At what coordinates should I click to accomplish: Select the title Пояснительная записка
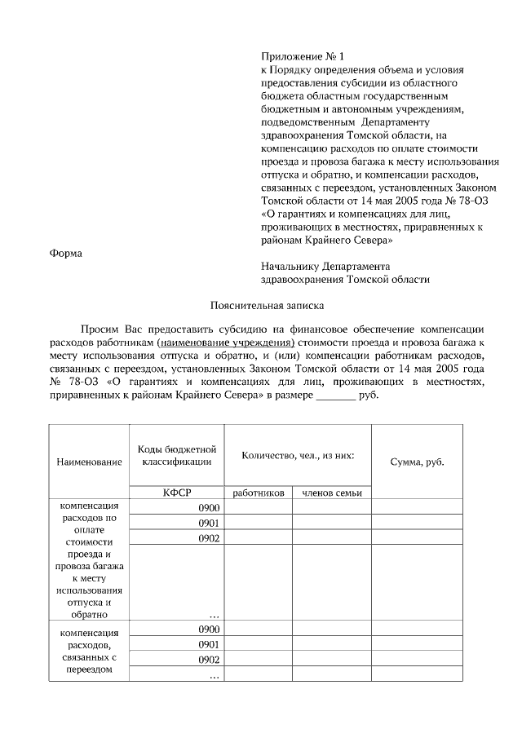[x=266, y=306]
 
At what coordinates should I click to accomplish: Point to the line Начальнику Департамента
[x=325, y=266]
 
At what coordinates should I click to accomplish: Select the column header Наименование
[x=89, y=462]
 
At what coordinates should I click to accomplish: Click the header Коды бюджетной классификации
[x=176, y=455]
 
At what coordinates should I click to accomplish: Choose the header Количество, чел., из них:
[x=298, y=455]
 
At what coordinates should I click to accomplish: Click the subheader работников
[x=258, y=493]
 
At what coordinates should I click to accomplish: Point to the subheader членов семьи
[x=331, y=493]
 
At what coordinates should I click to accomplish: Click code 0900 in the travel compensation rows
[x=209, y=507]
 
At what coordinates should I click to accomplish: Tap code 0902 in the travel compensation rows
[x=209, y=538]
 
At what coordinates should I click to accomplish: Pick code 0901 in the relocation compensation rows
[x=209, y=644]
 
